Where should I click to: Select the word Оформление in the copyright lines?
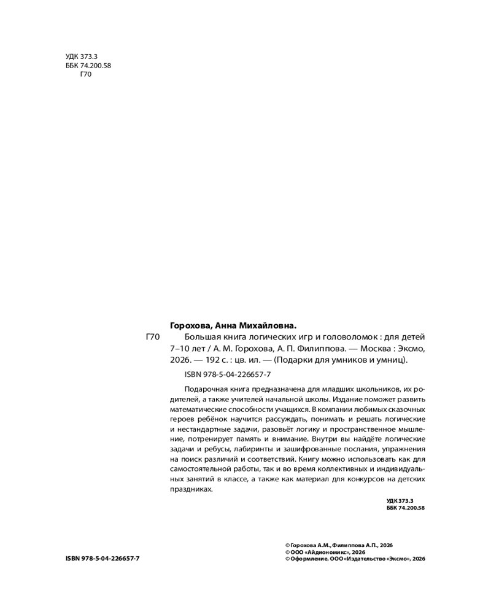pyautogui.click(x=309, y=559)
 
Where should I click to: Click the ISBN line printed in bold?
pyautogui.click(x=102, y=559)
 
